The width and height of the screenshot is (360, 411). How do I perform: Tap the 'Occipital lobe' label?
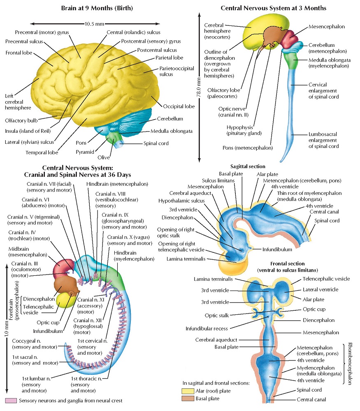(179, 106)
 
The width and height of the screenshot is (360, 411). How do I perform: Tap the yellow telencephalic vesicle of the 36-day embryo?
(66, 299)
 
